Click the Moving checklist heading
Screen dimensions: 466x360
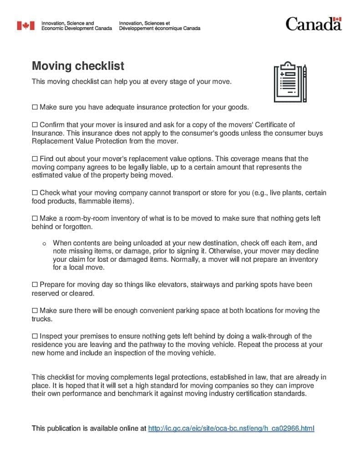click(x=78, y=66)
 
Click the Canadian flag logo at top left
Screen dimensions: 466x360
click(x=25, y=25)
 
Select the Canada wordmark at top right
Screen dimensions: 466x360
click(x=314, y=24)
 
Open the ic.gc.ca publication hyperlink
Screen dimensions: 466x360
click(x=231, y=428)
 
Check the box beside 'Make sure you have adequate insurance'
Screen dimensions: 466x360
click(x=35, y=107)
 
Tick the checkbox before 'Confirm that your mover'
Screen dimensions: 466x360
click(x=35, y=125)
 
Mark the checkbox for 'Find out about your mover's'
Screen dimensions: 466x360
click(x=35, y=159)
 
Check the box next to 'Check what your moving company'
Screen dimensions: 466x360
click(x=35, y=193)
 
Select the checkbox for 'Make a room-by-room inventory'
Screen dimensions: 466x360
click(x=35, y=218)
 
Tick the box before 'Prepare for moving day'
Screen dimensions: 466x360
click(x=35, y=285)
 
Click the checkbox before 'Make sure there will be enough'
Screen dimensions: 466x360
click(x=35, y=311)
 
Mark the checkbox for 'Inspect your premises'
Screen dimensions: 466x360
click(x=35, y=336)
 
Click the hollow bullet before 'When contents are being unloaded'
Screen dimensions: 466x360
click(x=45, y=243)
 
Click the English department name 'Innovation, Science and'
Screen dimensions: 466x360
click(x=67, y=23)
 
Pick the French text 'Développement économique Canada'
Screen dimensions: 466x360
click(x=159, y=28)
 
